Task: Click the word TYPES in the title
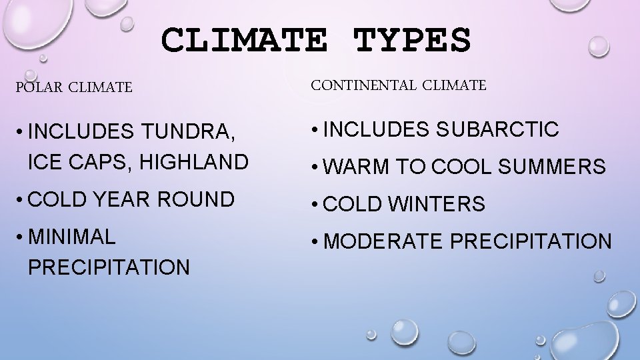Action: pyautogui.click(x=411, y=40)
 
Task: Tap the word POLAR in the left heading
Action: pyautogui.click(x=38, y=87)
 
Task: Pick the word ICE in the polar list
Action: pyautogui.click(x=43, y=161)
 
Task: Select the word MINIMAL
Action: pyautogui.click(x=72, y=236)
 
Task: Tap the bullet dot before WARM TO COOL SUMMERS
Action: pyautogui.click(x=313, y=167)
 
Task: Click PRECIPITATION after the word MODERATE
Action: pyautogui.click(x=531, y=241)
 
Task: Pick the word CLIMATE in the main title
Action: pyautogui.click(x=244, y=40)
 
